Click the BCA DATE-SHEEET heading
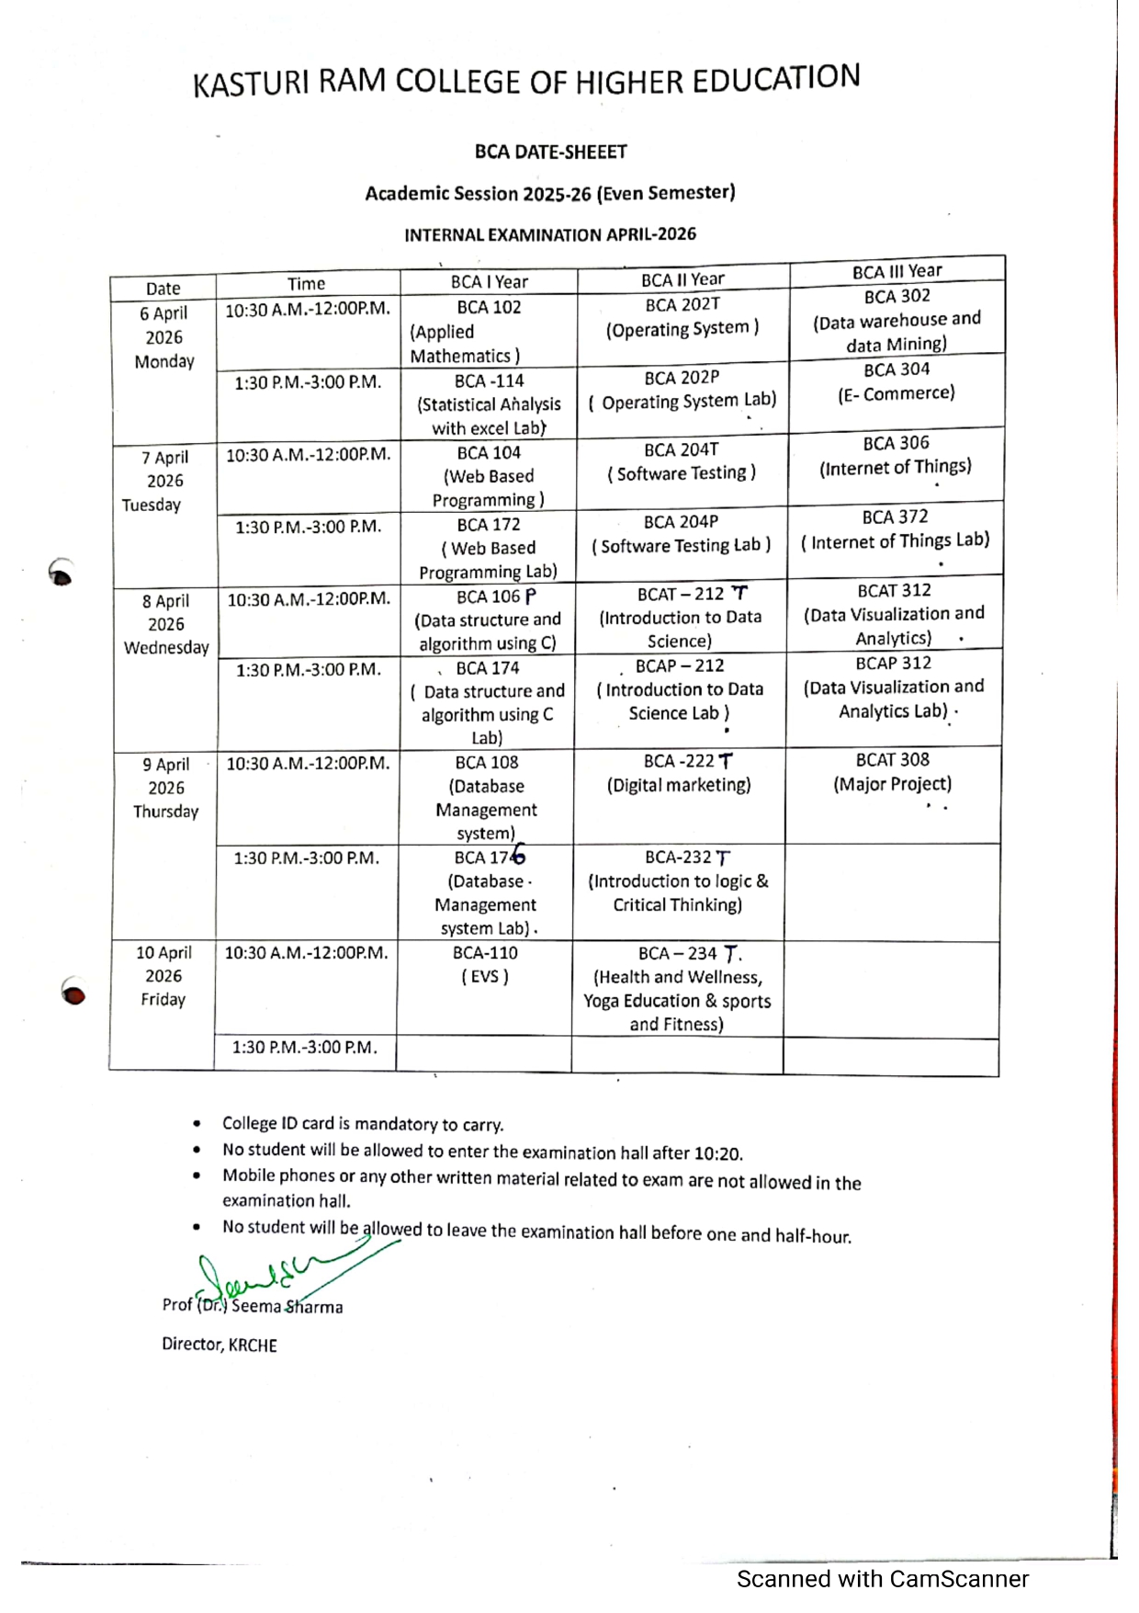(550, 152)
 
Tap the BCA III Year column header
(897, 271)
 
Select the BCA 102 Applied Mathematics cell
(488, 331)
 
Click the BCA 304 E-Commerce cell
(896, 382)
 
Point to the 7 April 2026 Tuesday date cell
(164, 481)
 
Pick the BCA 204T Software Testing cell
(681, 461)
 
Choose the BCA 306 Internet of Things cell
(895, 456)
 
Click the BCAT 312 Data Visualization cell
(893, 614)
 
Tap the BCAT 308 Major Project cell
(892, 772)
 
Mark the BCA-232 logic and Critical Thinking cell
(678, 881)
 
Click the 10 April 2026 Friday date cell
(163, 976)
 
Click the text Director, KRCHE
(220, 1345)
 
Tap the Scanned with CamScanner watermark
(882, 1579)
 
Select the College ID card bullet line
(362, 1124)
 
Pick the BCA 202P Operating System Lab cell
(682, 390)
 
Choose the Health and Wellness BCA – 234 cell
(677, 989)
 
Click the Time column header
(306, 284)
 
